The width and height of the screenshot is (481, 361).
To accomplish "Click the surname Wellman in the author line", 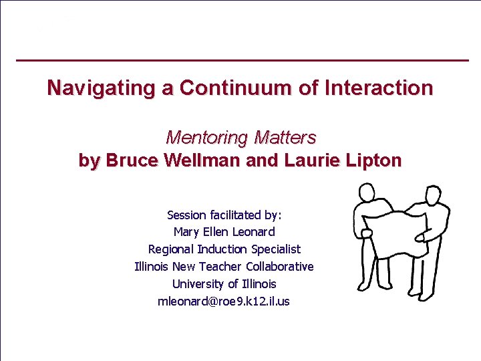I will click(x=204, y=160).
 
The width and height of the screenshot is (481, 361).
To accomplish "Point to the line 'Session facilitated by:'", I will click(x=224, y=215).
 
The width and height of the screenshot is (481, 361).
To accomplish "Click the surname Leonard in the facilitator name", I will click(x=253, y=232).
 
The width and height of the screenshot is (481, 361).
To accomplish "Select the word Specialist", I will click(x=276, y=249).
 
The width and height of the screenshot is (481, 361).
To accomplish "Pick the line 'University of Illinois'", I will click(x=224, y=284).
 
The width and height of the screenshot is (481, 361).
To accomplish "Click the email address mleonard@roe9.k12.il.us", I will click(x=224, y=302).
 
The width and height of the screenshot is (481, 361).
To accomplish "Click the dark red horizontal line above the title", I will click(x=241, y=61).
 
